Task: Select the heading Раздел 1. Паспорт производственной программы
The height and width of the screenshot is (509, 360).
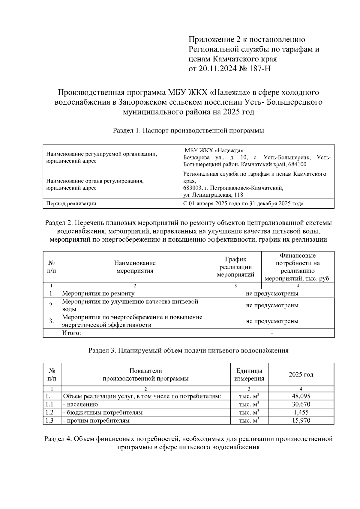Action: [x=188, y=131]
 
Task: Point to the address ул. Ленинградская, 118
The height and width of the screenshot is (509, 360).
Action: [x=213, y=195]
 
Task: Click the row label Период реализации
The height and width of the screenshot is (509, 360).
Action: [x=71, y=204]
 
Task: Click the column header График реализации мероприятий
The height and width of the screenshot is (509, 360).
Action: [x=235, y=267]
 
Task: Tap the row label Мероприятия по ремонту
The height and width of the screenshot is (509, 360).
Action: [x=98, y=293]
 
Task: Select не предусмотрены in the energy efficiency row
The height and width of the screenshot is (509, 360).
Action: [x=272, y=321]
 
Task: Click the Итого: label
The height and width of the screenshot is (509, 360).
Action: [x=71, y=333]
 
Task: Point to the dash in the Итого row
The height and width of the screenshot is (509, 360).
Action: [x=272, y=333]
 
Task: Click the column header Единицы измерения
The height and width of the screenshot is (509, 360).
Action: [x=249, y=374]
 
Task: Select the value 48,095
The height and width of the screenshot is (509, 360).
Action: [x=301, y=396]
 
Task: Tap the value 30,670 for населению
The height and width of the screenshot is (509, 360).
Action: [x=301, y=404]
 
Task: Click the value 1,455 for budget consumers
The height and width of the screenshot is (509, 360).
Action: [x=301, y=412]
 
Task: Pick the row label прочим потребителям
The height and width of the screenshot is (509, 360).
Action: [x=96, y=421]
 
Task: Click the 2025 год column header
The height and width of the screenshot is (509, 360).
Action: [x=301, y=374]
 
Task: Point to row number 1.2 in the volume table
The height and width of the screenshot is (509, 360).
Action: [x=49, y=412]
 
